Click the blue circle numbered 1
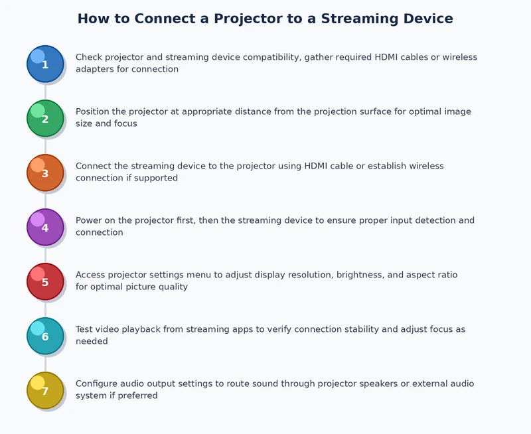(45, 64)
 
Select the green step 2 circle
(45, 118)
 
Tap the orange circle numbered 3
(45, 173)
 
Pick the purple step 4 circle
(45, 227)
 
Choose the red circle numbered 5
(45, 281)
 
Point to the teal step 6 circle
(45, 336)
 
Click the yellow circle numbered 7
(45, 390)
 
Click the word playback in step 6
(147, 329)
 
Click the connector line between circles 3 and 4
(45, 200)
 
